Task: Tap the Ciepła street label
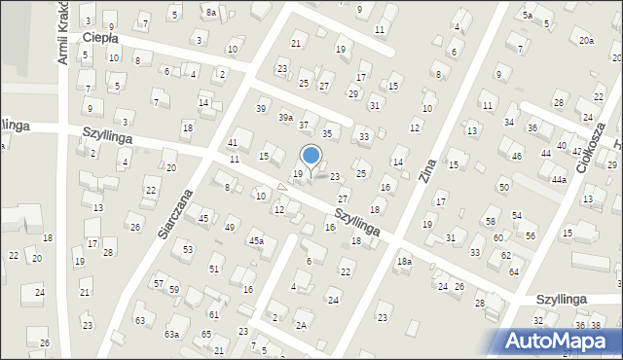100,38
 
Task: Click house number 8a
211,12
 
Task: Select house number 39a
285,117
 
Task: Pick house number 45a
256,240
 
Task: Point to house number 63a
171,334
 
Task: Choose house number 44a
558,180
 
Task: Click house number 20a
586,40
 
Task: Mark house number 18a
404,262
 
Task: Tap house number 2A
301,325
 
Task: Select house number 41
232,143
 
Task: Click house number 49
230,227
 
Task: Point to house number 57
158,283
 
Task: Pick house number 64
513,271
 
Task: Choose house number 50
503,186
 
